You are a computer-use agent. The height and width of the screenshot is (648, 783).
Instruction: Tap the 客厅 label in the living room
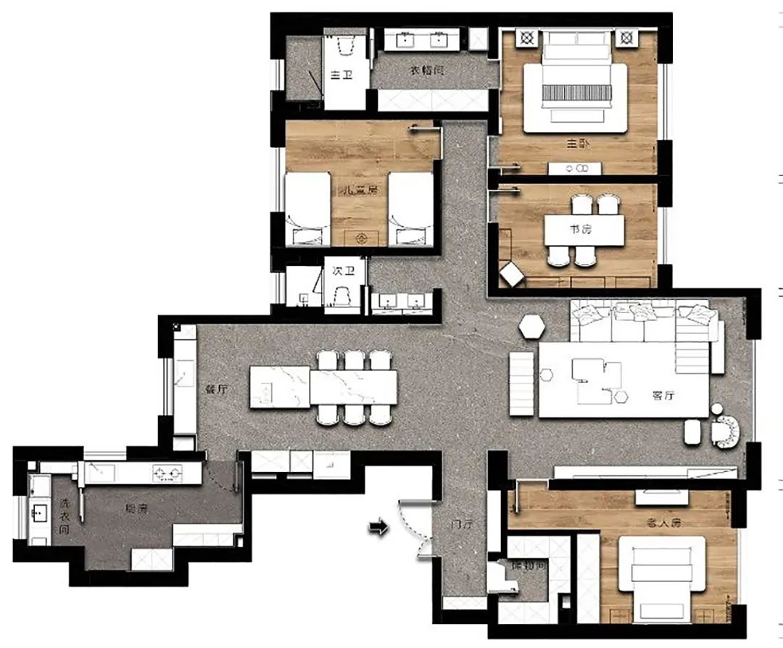[663, 396]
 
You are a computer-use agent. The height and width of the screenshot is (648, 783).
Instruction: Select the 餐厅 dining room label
[217, 389]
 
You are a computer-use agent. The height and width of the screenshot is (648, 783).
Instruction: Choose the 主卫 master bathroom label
[341, 75]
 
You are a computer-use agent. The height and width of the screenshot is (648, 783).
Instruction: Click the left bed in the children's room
[306, 210]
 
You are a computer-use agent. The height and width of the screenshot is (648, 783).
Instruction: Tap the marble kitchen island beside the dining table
[280, 387]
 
